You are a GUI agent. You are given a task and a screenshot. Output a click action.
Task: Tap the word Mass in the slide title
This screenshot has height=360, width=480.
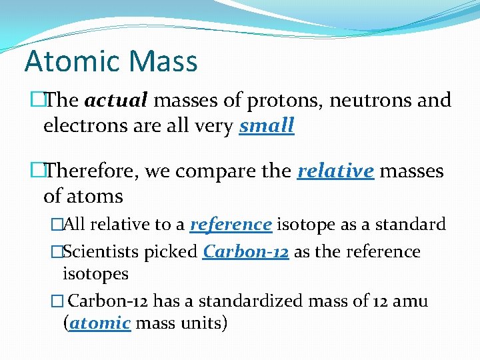[x=164, y=61]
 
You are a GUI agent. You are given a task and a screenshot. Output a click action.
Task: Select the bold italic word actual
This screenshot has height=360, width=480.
[x=116, y=101]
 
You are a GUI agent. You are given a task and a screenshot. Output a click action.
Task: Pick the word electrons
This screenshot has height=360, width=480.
[x=80, y=125]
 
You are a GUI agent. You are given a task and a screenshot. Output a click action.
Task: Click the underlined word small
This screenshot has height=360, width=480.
[x=267, y=125]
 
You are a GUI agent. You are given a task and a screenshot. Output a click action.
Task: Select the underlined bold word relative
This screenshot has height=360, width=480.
[x=335, y=171]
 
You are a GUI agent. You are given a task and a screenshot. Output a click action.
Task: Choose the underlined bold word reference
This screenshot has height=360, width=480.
[x=231, y=224]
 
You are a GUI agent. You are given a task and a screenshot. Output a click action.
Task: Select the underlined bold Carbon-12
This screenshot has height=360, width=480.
[x=245, y=251]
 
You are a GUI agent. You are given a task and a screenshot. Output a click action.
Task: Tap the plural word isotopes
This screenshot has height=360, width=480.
[x=95, y=273]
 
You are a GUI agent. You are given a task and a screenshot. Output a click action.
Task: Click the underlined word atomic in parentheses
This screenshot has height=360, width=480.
[x=100, y=323]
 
